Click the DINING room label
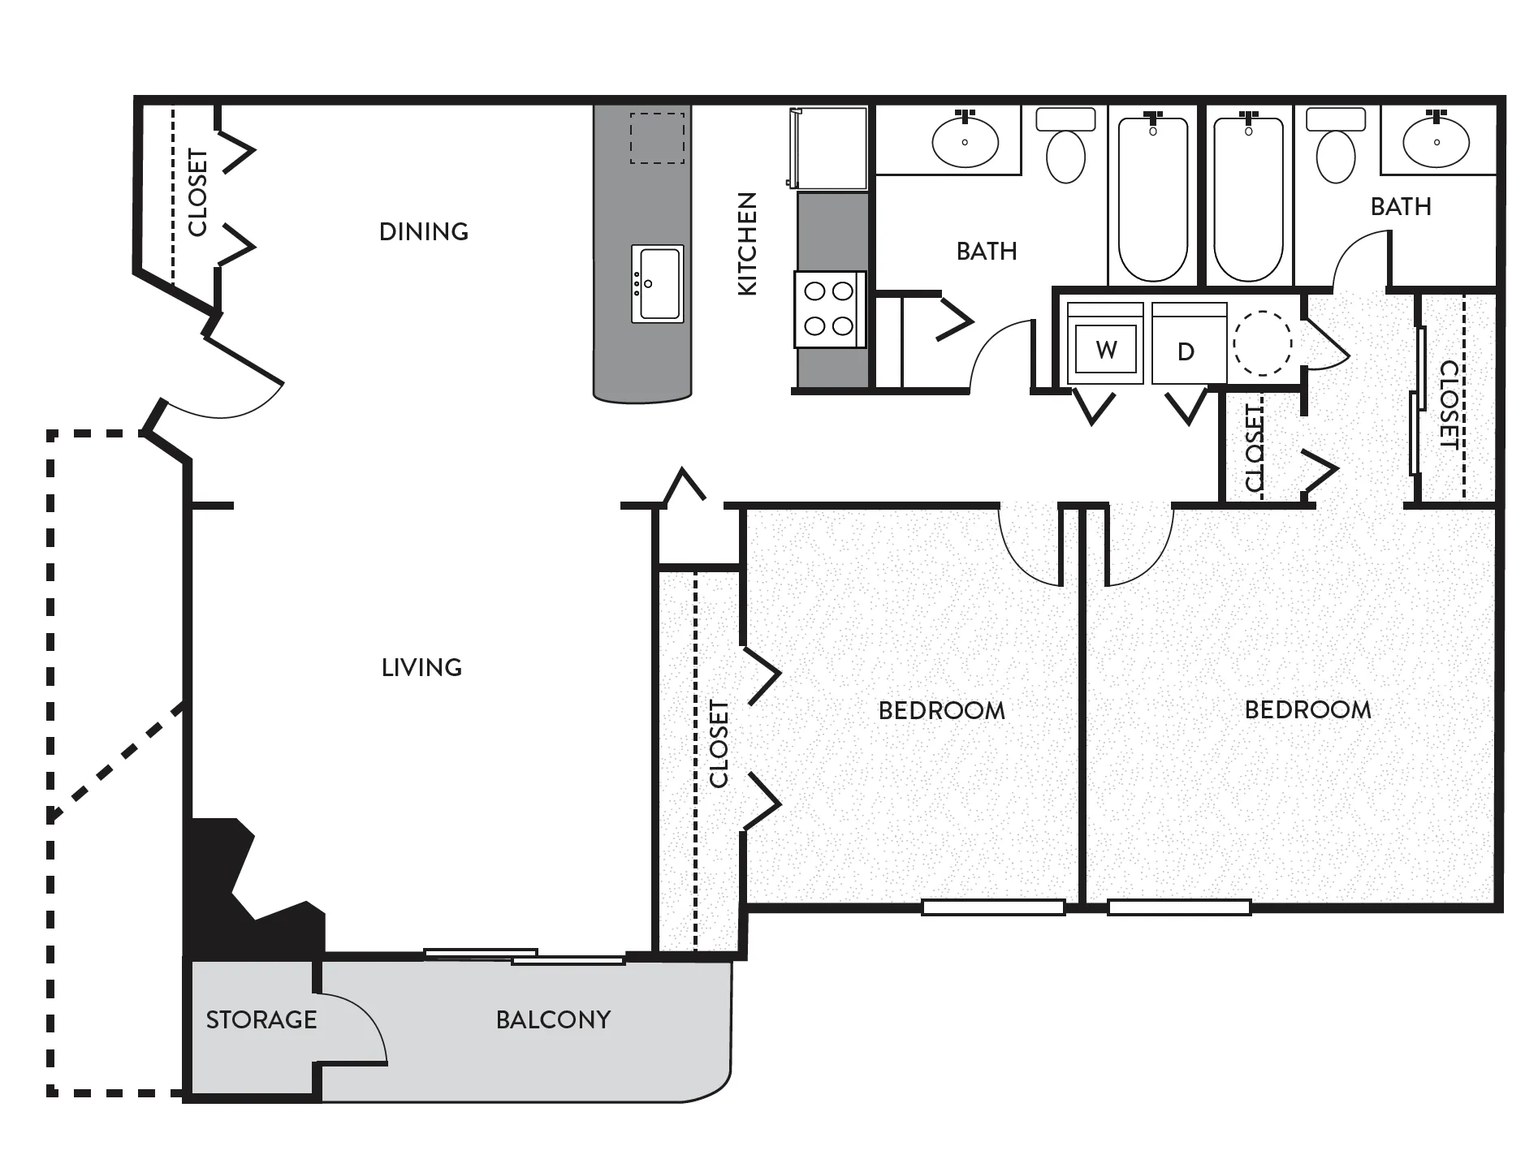coord(424,232)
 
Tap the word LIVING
coord(422,668)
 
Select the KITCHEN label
coord(747,243)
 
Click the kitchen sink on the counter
coord(658,283)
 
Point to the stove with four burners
coord(829,309)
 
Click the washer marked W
coord(1105,344)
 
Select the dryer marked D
coord(1189,344)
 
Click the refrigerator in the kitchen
coord(827,149)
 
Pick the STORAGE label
coord(261,1020)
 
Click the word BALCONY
coord(554,1020)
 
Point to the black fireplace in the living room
coord(252,889)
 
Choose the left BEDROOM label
coord(942,711)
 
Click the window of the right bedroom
coord(1179,907)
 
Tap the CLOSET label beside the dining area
coord(198,192)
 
